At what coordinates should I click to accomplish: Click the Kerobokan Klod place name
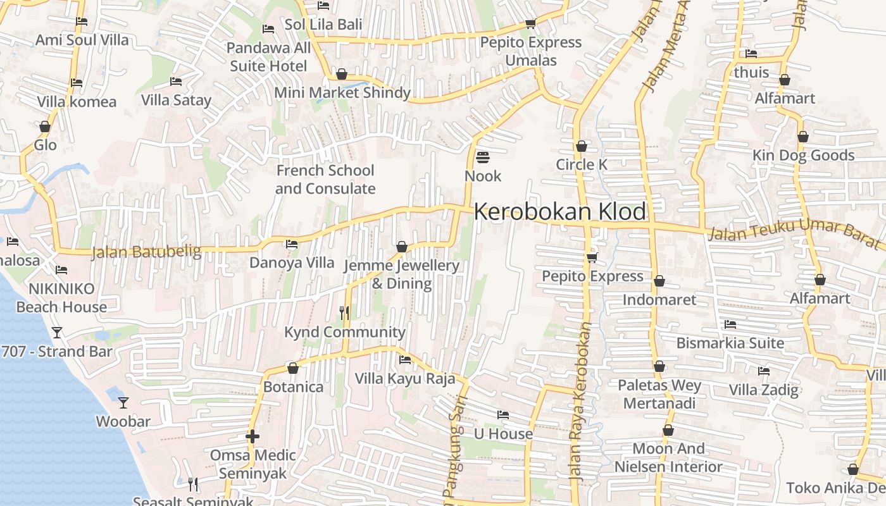tap(560, 212)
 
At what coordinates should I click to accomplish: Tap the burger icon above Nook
tap(483, 157)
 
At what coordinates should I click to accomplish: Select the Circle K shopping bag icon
tap(582, 146)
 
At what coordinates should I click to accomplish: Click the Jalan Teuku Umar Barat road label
tap(794, 232)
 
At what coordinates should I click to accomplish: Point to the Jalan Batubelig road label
tap(146, 252)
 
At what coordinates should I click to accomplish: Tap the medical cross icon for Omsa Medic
tap(253, 436)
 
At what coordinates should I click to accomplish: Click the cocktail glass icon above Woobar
tap(123, 402)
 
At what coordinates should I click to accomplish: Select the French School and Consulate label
tap(325, 180)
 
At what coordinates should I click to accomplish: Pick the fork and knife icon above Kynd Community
tap(344, 312)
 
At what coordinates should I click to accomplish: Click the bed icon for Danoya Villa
tap(292, 244)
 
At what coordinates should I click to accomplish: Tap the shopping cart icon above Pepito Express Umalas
tap(530, 24)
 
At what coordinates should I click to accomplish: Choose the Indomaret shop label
tap(659, 299)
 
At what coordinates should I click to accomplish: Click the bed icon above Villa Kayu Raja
tap(405, 360)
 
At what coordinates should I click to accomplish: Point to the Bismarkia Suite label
tap(730, 343)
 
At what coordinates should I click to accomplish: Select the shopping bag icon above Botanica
tap(293, 368)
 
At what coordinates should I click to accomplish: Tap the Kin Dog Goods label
tap(803, 156)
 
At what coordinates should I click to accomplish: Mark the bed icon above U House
tap(503, 415)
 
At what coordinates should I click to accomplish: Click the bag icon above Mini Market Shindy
tap(342, 74)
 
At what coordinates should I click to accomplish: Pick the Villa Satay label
tap(176, 100)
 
